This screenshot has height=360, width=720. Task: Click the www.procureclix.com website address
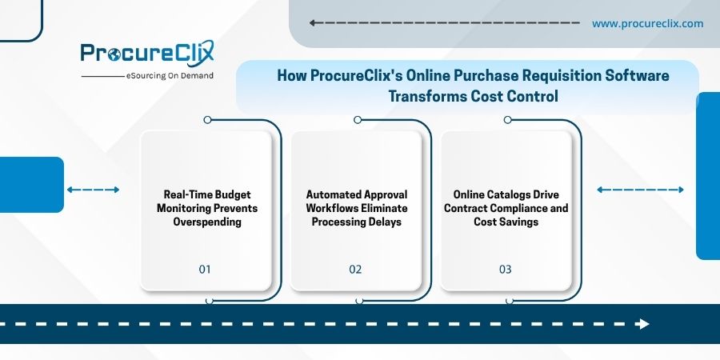(647, 23)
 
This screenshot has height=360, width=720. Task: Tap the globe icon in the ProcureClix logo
(114, 54)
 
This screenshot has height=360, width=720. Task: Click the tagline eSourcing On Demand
(170, 76)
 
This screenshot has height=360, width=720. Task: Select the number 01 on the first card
(205, 269)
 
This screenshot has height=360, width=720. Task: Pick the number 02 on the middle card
(355, 269)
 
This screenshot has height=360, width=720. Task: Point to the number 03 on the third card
(505, 269)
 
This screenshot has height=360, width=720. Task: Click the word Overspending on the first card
(207, 222)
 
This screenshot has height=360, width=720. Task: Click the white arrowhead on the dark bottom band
(643, 324)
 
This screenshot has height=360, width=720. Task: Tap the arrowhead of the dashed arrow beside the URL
(312, 23)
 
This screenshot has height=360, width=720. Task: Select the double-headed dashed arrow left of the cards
(94, 190)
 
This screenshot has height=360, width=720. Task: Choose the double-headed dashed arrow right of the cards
(640, 190)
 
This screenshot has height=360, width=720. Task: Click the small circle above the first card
(207, 120)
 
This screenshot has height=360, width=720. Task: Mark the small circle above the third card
(507, 120)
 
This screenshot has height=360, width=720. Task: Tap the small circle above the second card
(358, 120)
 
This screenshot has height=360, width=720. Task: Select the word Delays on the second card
(386, 222)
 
